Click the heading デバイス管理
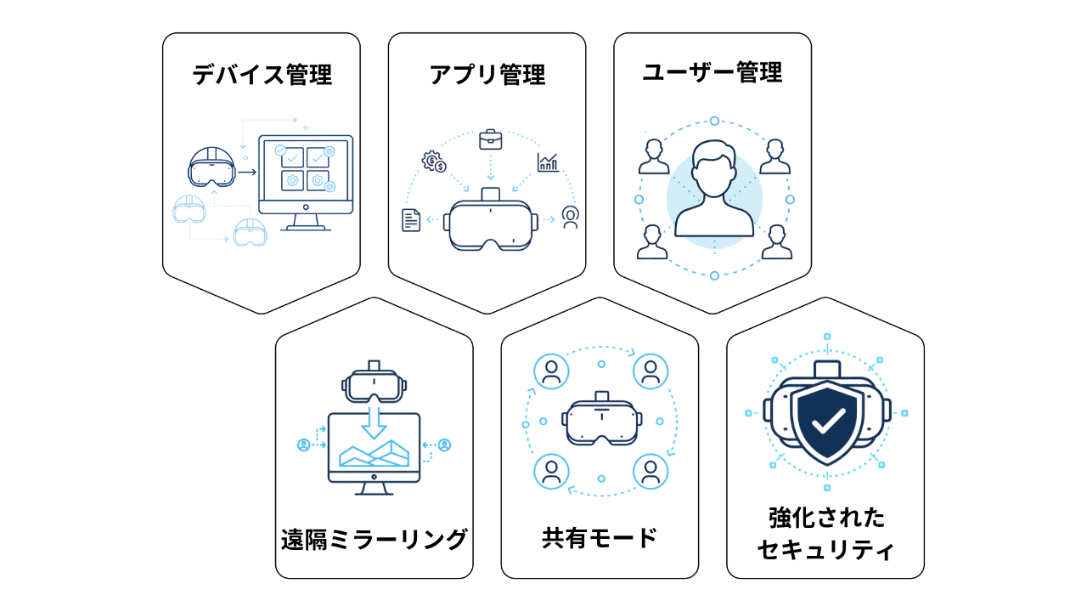(x=262, y=75)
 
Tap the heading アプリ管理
(x=487, y=75)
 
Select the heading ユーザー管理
(x=712, y=73)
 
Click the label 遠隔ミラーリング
(x=375, y=539)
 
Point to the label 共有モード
(x=600, y=538)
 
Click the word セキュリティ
(x=825, y=550)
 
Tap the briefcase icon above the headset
(x=490, y=139)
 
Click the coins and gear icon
(x=434, y=161)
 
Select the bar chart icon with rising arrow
(x=548, y=161)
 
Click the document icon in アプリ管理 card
(x=411, y=219)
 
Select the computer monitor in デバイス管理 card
(x=305, y=175)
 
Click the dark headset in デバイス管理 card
(x=210, y=167)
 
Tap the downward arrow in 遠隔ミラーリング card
(x=375, y=420)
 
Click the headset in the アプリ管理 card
(x=492, y=224)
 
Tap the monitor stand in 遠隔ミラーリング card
(x=375, y=489)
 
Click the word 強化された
(x=825, y=517)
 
